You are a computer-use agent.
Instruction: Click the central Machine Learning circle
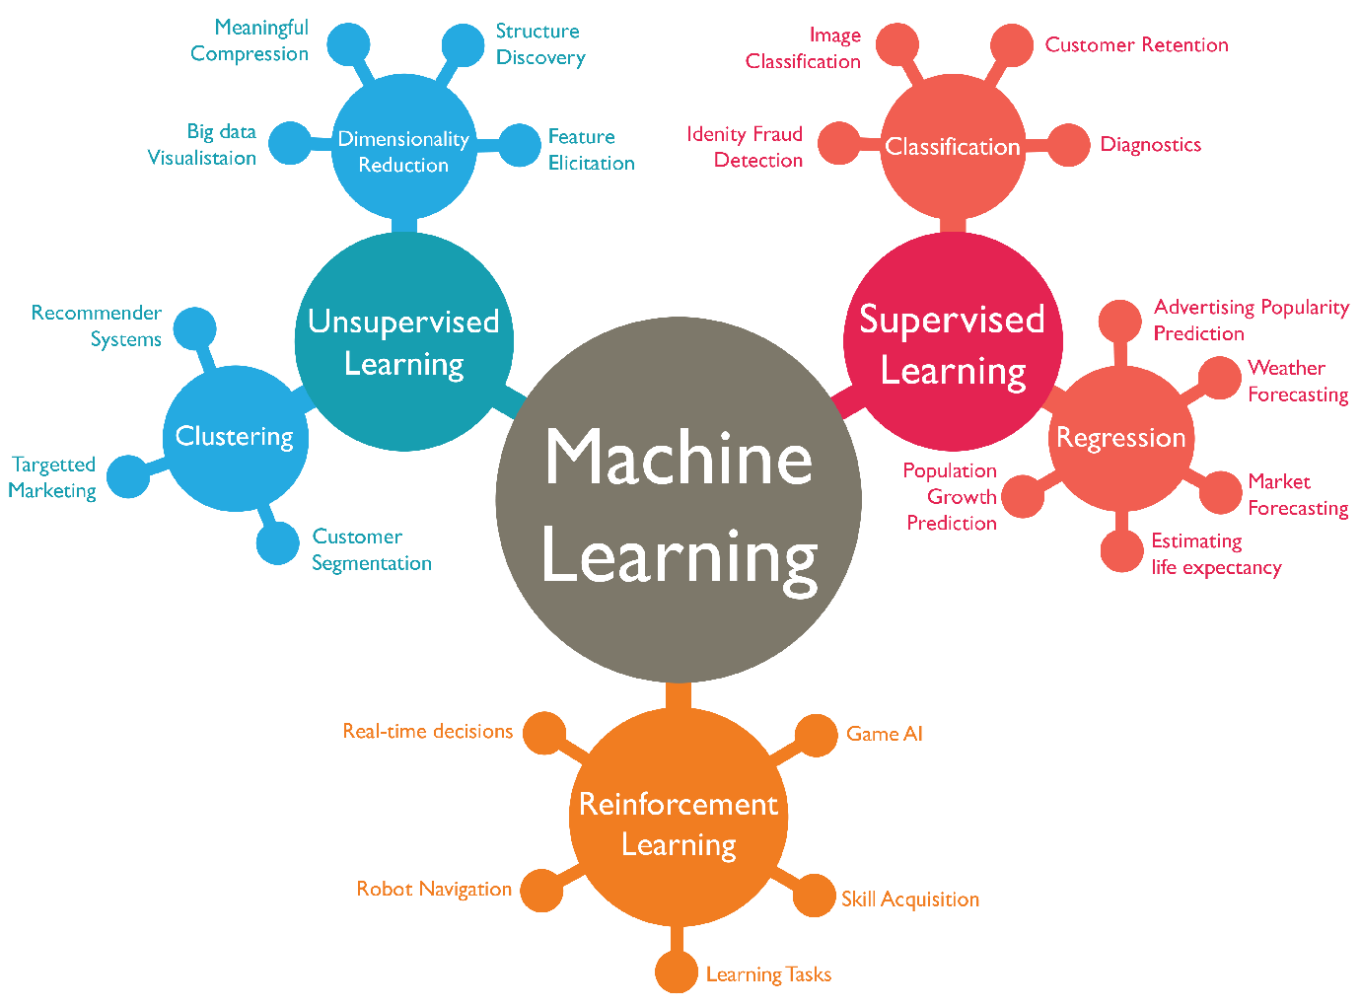coord(679,500)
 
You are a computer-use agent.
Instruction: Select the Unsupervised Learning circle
coord(403,341)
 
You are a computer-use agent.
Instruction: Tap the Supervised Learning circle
coord(953,341)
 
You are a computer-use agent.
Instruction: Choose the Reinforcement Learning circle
coord(679,817)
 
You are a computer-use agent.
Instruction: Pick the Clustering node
coord(236,438)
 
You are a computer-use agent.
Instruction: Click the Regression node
coord(1121,438)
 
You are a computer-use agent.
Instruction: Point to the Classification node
coord(953,146)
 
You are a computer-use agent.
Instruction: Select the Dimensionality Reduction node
coord(403,146)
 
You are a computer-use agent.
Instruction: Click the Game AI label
coord(885,734)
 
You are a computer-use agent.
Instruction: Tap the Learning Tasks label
coord(768,974)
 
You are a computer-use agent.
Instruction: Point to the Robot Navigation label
coord(434,889)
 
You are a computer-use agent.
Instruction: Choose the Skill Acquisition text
coord(910,899)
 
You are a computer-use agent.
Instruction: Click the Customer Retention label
coord(1136,44)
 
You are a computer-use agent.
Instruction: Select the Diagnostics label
coord(1151,144)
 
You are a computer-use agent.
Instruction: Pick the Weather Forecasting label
coord(1298,381)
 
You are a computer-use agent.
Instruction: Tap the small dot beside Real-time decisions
coord(544,733)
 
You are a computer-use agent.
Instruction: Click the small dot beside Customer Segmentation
coord(278,543)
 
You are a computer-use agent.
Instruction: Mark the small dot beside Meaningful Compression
coord(348,44)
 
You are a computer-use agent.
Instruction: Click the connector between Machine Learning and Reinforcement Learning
coord(679,696)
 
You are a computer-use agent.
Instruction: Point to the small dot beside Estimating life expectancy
coord(1121,550)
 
